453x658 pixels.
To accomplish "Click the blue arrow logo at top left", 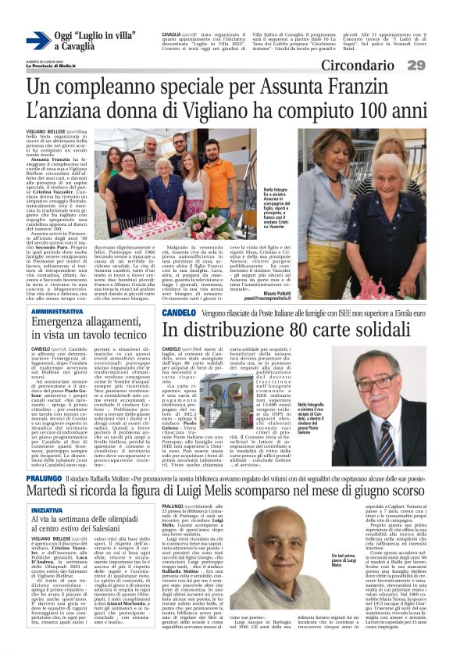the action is (38, 41).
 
